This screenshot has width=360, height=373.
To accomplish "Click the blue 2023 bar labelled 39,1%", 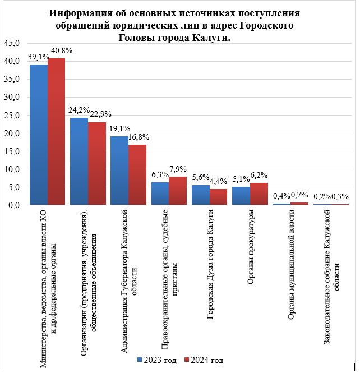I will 39,135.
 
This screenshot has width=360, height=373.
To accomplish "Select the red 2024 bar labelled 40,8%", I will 56,132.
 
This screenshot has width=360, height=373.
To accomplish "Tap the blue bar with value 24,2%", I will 79,162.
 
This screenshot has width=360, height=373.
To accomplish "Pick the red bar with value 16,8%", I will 137,174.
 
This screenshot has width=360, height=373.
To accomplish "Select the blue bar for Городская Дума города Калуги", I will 201,195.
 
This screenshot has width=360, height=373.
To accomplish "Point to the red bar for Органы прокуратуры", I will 259,194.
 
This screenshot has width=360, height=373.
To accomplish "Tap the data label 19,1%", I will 119,128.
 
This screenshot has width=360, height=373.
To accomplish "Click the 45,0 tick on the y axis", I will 12,43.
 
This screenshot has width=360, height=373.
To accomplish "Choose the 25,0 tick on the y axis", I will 12,116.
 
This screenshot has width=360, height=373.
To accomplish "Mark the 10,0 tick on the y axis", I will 12,169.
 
